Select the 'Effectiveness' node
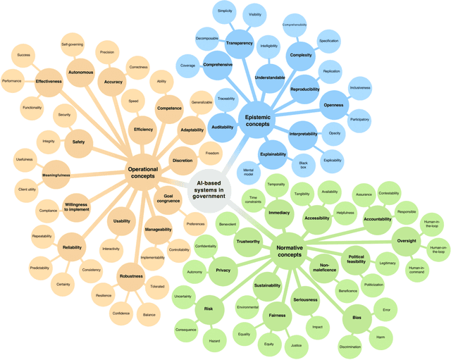[x=49, y=81]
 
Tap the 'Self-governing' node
[x=74, y=44]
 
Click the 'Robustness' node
[x=131, y=276]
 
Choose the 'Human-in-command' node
[x=416, y=268]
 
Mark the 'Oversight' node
[x=407, y=241]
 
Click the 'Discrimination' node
[x=350, y=346]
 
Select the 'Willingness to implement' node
[x=76, y=206]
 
